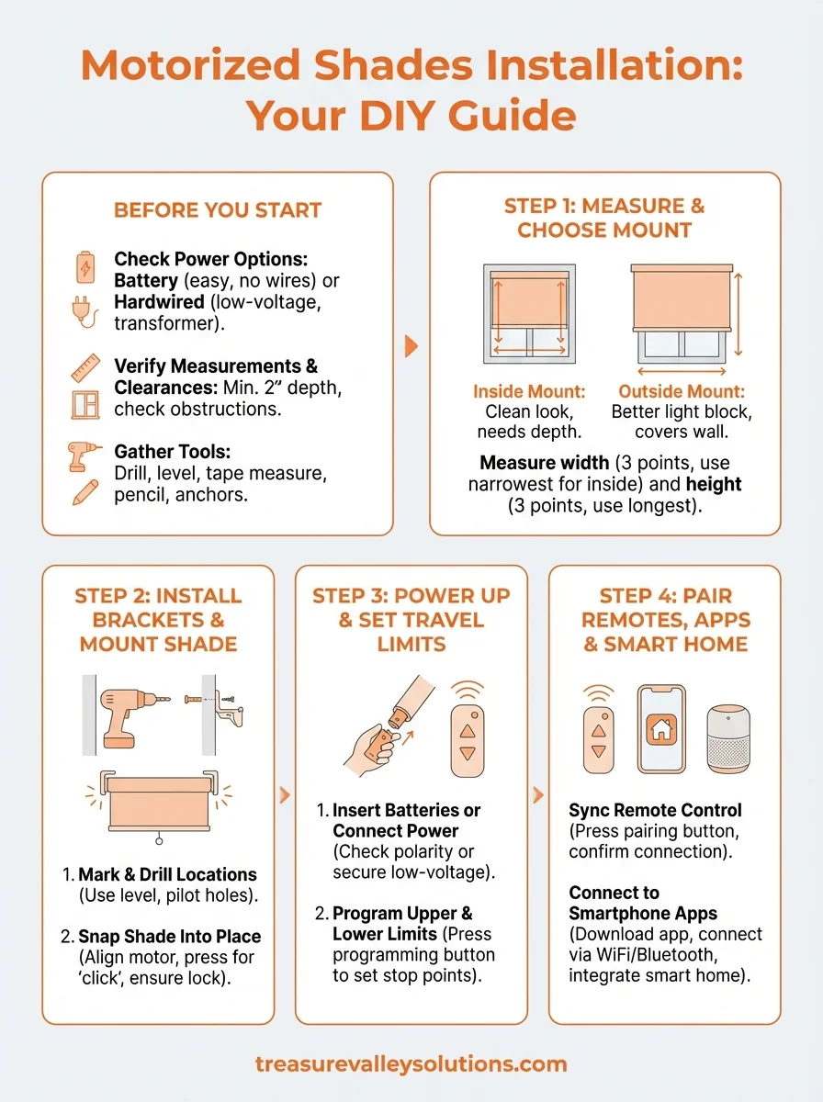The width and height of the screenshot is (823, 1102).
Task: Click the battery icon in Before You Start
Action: (x=85, y=269)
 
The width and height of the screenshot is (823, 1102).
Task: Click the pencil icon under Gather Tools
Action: (x=85, y=493)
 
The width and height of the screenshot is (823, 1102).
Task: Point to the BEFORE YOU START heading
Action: (x=218, y=210)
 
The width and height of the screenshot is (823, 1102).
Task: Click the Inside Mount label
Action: (x=529, y=392)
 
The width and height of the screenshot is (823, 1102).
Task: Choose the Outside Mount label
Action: (x=681, y=392)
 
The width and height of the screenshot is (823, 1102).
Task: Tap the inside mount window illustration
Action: (x=530, y=315)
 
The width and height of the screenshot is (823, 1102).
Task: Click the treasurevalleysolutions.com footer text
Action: (x=411, y=1064)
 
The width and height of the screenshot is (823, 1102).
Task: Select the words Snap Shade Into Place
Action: (x=170, y=937)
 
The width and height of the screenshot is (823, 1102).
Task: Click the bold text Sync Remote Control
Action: (x=655, y=811)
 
